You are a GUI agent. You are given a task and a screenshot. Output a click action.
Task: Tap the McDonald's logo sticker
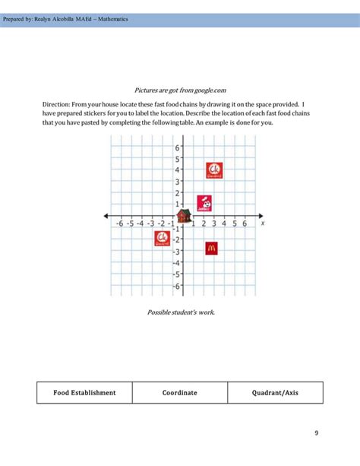pyautogui.click(x=211, y=247)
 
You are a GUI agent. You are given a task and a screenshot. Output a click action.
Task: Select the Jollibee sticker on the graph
pyautogui.click(x=204, y=203)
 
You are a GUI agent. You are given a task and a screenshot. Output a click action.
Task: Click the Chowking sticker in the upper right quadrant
pyautogui.click(x=214, y=170)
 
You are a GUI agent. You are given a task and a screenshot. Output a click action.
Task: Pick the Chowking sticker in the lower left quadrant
pyautogui.click(x=162, y=239)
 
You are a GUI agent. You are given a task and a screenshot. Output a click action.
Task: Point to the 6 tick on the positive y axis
pyautogui.click(x=177, y=148)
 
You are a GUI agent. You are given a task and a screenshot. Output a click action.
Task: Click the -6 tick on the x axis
pyautogui.click(x=119, y=223)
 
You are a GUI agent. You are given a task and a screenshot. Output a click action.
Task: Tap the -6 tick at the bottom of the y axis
pyautogui.click(x=175, y=286)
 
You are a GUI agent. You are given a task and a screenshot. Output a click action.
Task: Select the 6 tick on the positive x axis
pyautogui.click(x=245, y=223)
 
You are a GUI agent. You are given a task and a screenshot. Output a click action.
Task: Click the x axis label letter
pyautogui.click(x=262, y=223)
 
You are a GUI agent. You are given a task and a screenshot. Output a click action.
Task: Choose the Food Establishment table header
pyautogui.click(x=84, y=392)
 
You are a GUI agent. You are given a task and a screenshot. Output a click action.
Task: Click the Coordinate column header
pyautogui.click(x=179, y=392)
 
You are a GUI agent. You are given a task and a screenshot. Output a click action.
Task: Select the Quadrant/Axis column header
pyautogui.click(x=275, y=392)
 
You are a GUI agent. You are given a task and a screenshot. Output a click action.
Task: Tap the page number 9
pyautogui.click(x=316, y=433)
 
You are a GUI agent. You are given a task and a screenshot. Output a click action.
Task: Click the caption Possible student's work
pyautogui.click(x=181, y=312)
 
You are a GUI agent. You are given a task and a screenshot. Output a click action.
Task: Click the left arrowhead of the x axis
pyautogui.click(x=106, y=218)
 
